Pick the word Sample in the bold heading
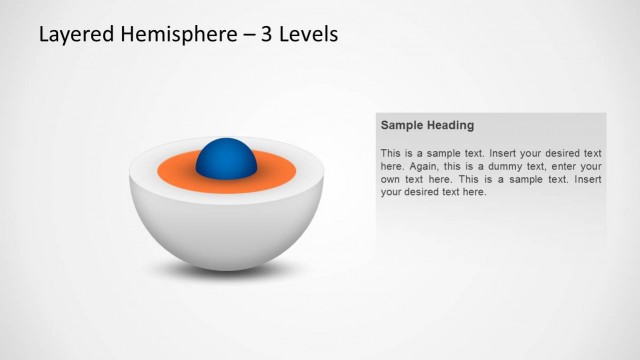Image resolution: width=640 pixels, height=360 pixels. tap(402, 126)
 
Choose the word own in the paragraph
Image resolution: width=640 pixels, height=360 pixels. tap(391, 179)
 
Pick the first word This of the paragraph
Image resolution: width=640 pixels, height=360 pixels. tap(390, 153)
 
